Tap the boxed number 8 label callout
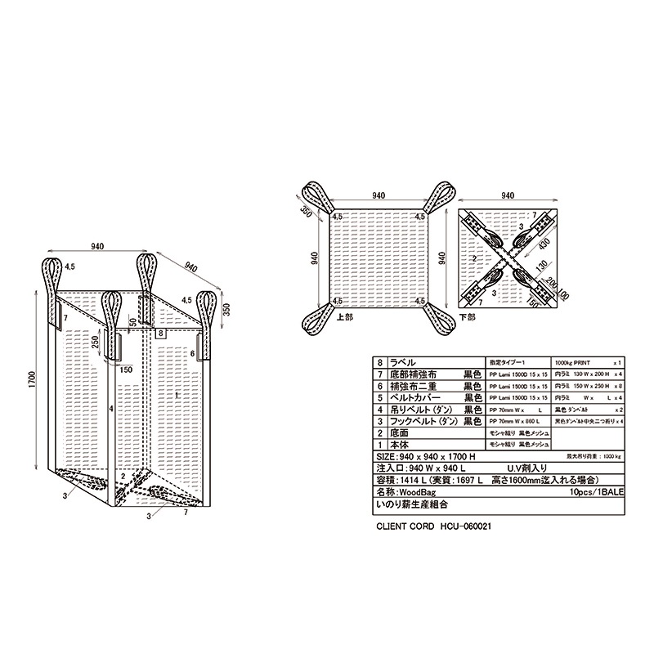161,334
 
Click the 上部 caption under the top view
344,316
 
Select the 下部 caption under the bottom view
468,316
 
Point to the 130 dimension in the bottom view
539,267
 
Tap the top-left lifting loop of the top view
316,196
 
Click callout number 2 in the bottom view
473,259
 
